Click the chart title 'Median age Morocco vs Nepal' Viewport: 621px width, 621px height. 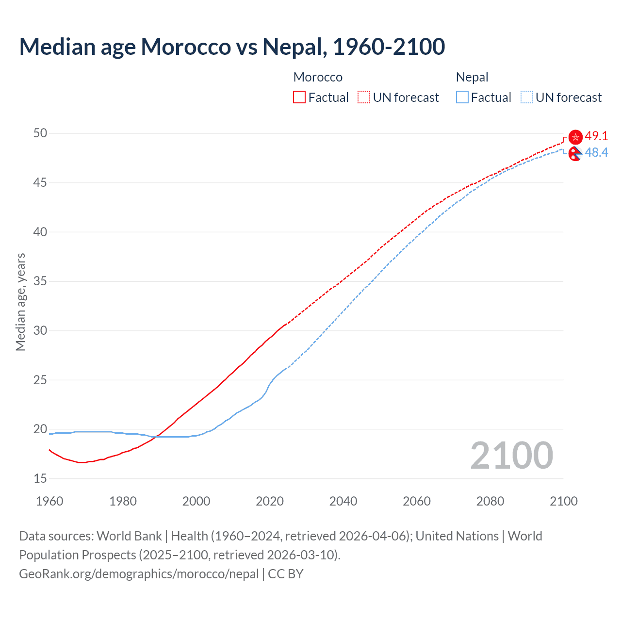[x=232, y=47]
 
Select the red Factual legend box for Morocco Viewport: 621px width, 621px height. [x=299, y=98]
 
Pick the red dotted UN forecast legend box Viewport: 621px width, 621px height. [x=364, y=98]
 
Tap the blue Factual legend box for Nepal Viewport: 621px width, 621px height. [x=462, y=98]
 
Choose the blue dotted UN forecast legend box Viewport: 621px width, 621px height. [x=527, y=98]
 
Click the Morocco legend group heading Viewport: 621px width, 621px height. [x=318, y=77]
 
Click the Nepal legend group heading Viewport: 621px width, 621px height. [x=472, y=77]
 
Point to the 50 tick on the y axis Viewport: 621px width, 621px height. [x=40, y=133]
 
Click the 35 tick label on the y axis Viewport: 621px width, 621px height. [x=40, y=281]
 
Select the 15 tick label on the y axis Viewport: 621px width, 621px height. [x=40, y=478]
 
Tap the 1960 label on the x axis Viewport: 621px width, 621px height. [x=49, y=501]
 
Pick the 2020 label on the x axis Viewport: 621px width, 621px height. [x=270, y=501]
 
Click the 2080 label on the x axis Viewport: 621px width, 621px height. [x=490, y=501]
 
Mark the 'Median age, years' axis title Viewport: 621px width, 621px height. [x=20, y=302]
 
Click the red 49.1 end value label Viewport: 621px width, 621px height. [x=596, y=136]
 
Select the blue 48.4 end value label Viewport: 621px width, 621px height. [x=596, y=152]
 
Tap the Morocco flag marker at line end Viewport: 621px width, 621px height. [x=575, y=137]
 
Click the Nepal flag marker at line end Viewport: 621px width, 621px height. [x=575, y=154]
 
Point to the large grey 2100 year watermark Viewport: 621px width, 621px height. [x=512, y=455]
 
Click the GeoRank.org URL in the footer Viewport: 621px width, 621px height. [x=139, y=574]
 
